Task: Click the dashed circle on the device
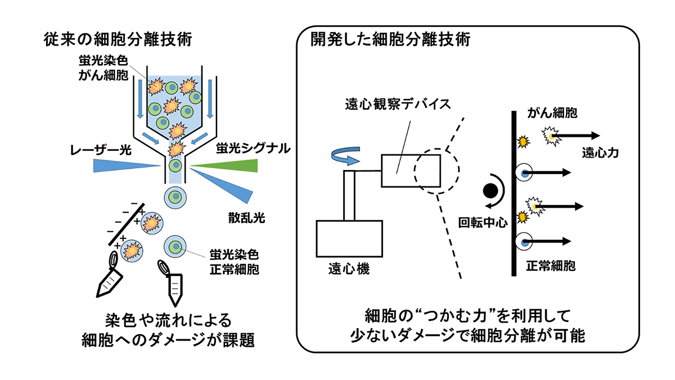pos(438,171)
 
